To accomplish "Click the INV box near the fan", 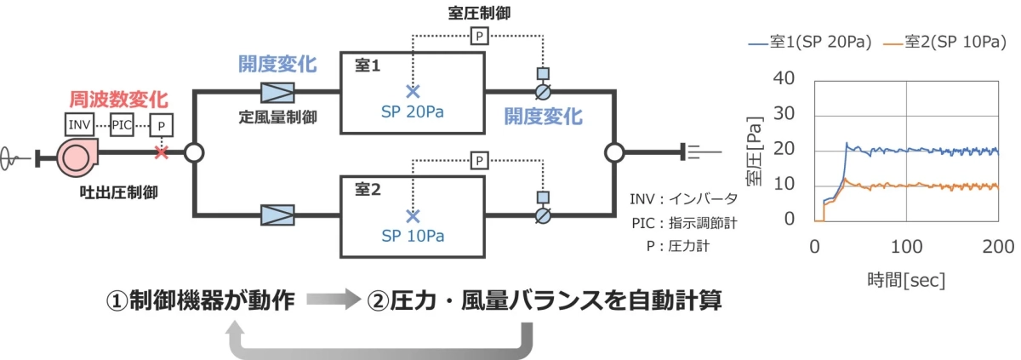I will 80,124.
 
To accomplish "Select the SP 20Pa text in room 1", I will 414,112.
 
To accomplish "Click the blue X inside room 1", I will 414,91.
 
